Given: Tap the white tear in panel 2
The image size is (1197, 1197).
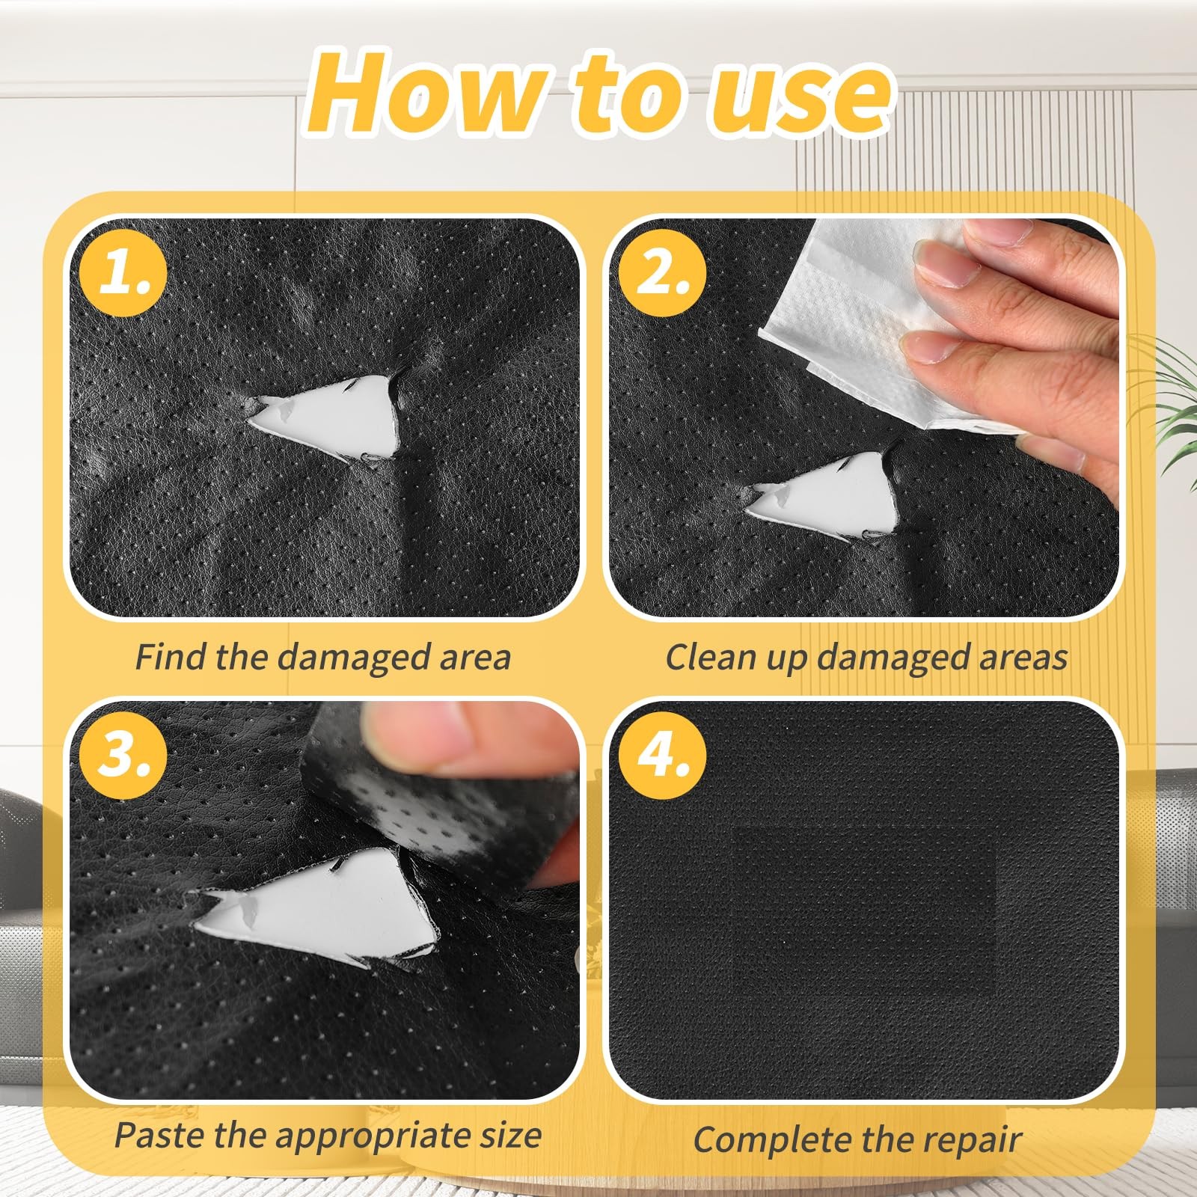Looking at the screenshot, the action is pyautogui.click(x=830, y=498).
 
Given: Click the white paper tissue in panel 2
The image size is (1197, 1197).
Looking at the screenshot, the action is pyautogui.click(x=875, y=322).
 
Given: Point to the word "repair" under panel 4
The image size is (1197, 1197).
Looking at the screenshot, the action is pyautogui.click(x=972, y=1142).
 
